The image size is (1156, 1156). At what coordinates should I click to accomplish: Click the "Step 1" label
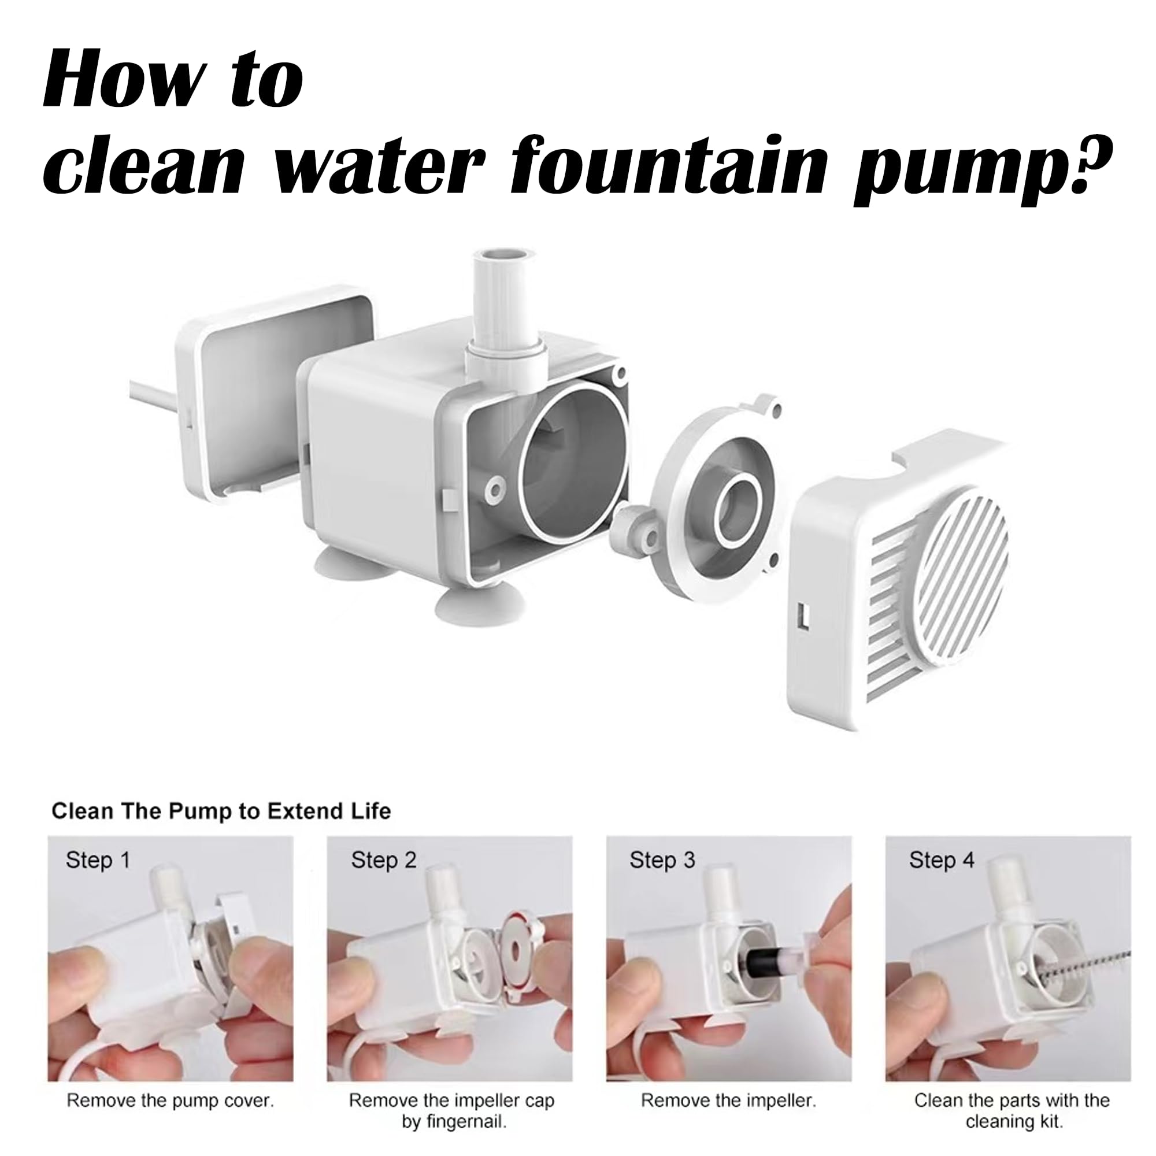(x=98, y=861)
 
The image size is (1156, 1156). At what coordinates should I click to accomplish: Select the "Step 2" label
(x=384, y=861)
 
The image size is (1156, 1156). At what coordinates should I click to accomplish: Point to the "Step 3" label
(x=662, y=861)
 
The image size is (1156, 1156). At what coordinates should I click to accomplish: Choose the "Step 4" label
(x=942, y=861)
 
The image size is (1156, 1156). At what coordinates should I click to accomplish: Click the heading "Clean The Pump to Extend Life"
(x=221, y=812)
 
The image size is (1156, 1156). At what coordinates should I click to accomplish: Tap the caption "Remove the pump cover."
(x=171, y=1084)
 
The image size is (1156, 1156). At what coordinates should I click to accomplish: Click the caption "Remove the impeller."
(x=729, y=1084)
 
